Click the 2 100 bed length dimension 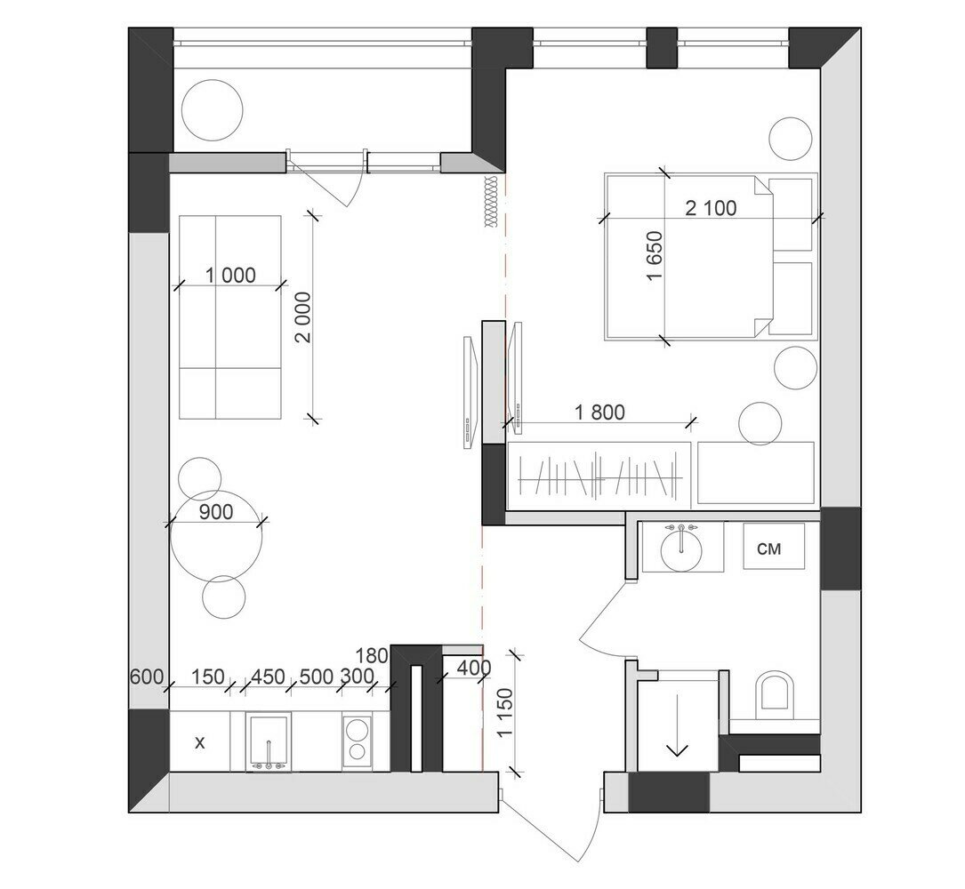tap(711, 209)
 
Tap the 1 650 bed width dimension tap(655, 256)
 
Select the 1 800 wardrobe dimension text tap(599, 412)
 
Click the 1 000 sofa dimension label tap(230, 275)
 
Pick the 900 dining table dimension tap(216, 511)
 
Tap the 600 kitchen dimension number tap(147, 677)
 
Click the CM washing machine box tap(774, 547)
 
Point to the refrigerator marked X tap(200, 741)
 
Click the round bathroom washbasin tap(681, 549)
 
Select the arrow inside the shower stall tap(678, 725)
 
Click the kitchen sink tap(269, 741)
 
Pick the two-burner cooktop tap(357, 741)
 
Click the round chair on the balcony tap(213, 111)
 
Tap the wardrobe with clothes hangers tap(599, 476)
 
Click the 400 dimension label tap(475, 668)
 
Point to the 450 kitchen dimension tap(269, 677)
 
